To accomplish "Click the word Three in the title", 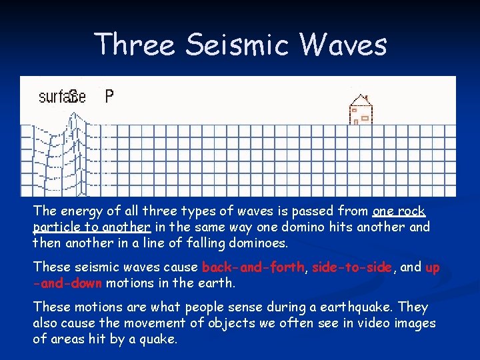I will point(135,45).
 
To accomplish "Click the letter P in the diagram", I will point(109,97).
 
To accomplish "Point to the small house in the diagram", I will point(362,109).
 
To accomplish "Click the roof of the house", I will point(362,100).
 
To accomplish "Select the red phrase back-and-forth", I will point(253,267).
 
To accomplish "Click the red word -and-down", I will point(67,282).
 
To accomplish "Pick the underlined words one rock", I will point(399,211).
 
